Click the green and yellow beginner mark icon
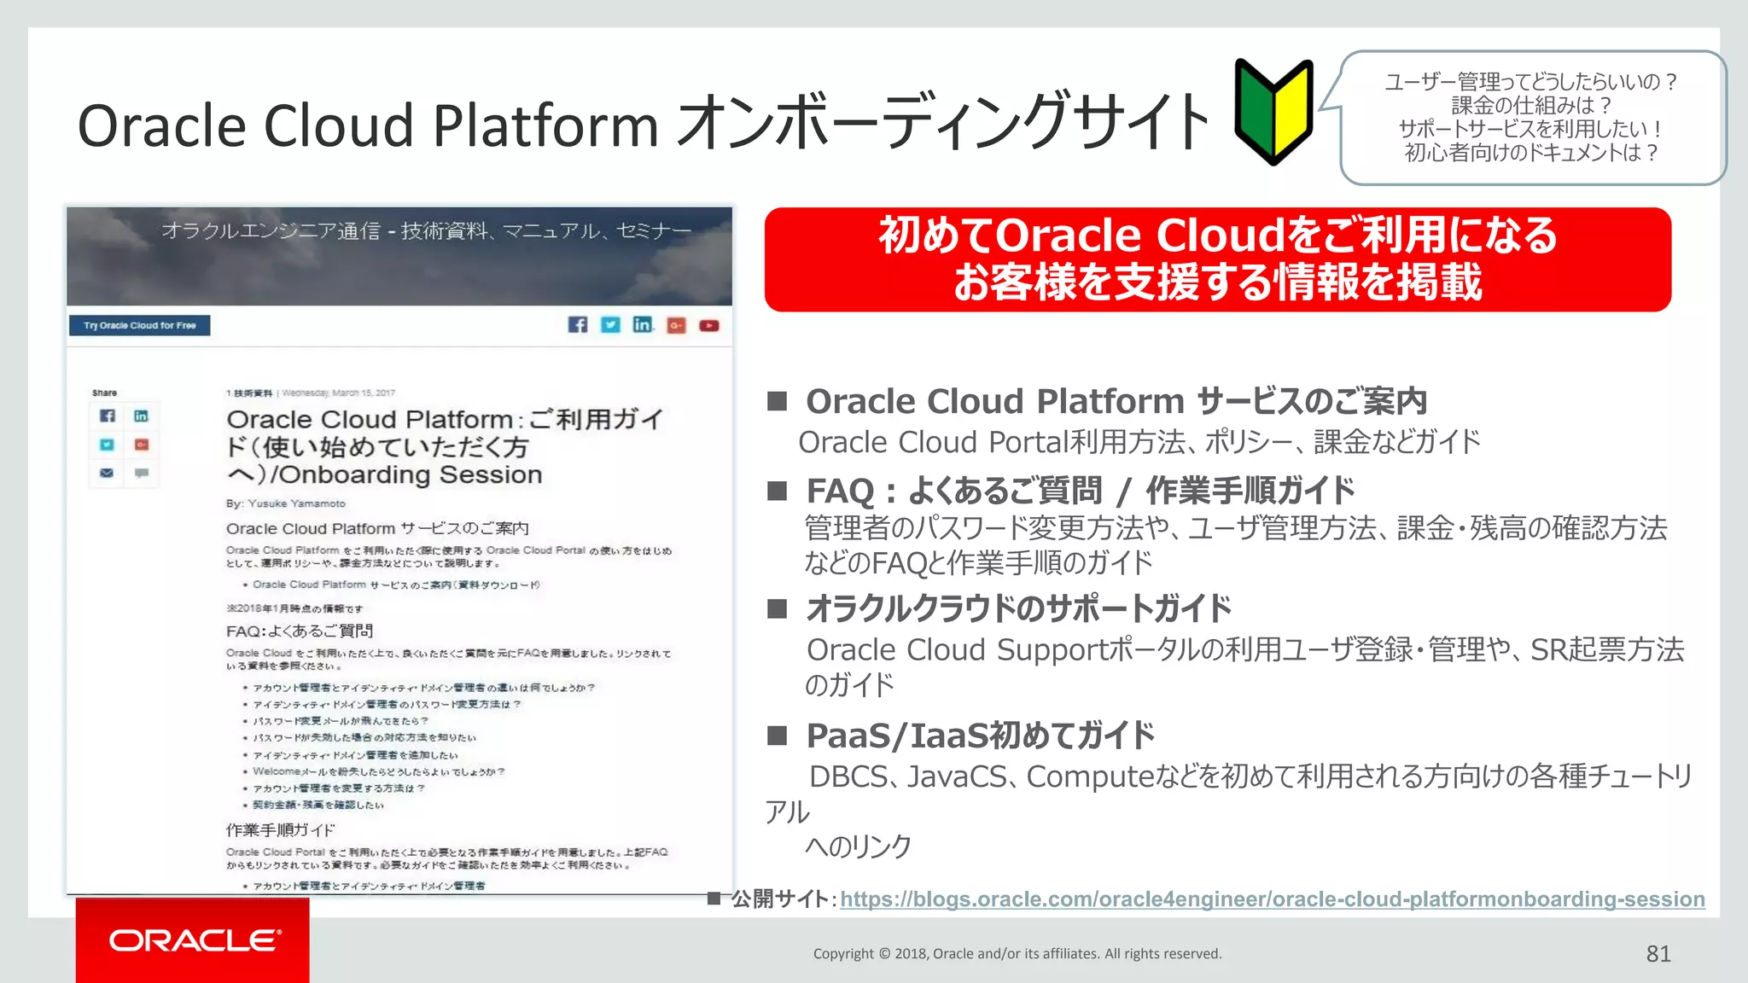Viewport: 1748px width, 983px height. coord(1273,112)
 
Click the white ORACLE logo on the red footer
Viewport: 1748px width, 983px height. coord(195,940)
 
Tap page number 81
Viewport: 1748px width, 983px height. coord(1658,954)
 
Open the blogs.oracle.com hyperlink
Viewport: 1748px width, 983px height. coord(1272,899)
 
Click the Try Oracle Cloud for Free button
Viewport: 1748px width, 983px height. coord(140,325)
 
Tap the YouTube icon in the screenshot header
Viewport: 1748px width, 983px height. coord(709,325)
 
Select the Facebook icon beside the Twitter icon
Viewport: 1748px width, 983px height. coord(578,325)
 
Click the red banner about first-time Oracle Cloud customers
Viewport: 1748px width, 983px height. coord(1217,259)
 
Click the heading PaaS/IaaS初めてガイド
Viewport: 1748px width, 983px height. coord(980,736)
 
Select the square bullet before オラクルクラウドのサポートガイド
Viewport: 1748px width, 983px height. coord(777,608)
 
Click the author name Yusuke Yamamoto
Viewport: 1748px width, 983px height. coord(296,503)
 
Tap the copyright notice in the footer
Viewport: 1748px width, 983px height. coord(1017,954)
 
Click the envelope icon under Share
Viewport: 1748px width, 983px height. coord(107,473)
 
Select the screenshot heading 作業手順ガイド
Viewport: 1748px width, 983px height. coord(280,830)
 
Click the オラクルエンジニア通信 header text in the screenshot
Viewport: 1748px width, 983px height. coord(271,230)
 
